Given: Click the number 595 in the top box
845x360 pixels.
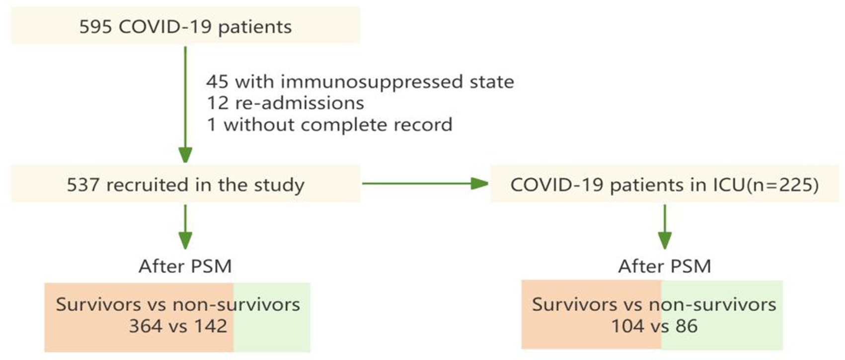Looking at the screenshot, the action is click(x=95, y=27).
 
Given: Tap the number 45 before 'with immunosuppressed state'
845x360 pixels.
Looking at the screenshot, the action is click(x=217, y=82).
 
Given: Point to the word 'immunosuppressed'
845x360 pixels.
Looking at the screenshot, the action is click(x=371, y=82).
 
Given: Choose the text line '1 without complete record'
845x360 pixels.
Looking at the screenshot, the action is click(x=330, y=125).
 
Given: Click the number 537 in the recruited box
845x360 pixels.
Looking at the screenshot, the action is click(x=83, y=185).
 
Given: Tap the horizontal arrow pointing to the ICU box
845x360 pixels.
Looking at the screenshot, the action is click(x=425, y=184).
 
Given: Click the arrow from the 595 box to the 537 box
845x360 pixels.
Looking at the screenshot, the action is click(x=185, y=105).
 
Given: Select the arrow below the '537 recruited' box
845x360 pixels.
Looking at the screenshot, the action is click(x=185, y=227).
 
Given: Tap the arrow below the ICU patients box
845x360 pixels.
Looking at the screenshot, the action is click(x=665, y=227).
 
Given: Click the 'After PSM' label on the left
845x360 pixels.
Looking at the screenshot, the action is click(x=185, y=266).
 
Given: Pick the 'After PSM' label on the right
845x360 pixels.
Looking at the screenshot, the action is click(x=665, y=266).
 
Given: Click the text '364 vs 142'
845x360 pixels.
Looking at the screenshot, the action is click(x=178, y=326).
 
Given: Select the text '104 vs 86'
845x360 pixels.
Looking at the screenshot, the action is click(x=654, y=326).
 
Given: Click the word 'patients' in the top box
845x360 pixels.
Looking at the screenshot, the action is click(x=255, y=27).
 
